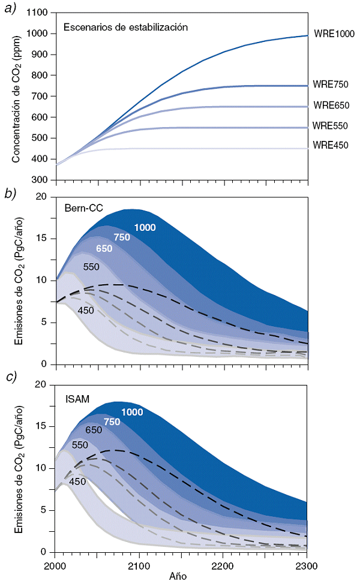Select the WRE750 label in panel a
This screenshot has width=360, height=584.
point(331,85)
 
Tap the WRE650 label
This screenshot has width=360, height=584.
point(331,106)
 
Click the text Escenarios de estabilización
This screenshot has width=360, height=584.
point(126,27)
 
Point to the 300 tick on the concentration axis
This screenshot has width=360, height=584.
point(40,180)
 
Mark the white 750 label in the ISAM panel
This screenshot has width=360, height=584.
point(113,422)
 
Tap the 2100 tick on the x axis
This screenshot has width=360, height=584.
point(139,565)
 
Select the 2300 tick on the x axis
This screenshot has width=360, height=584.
point(307,565)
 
